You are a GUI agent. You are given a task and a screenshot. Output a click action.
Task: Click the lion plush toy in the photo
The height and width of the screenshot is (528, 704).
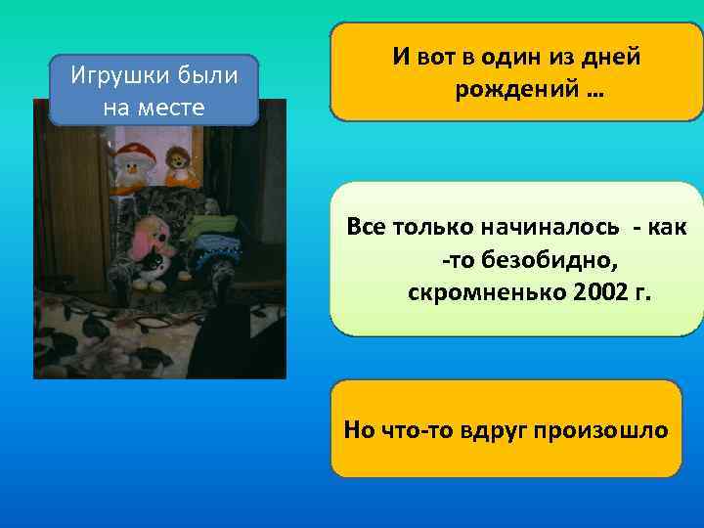tap(178, 165)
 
